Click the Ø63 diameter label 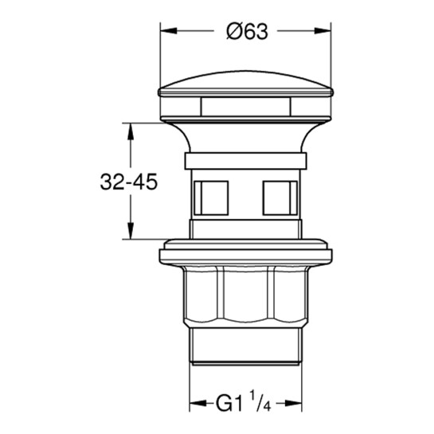coord(247,31)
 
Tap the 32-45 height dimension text coord(129,182)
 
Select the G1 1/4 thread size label coord(244,403)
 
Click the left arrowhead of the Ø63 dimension coord(168,30)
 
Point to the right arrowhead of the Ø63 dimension coord(323,30)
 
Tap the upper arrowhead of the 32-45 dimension coord(131,131)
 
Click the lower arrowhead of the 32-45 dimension coord(131,231)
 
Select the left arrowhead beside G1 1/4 coord(197,403)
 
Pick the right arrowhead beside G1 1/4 coord(294,403)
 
